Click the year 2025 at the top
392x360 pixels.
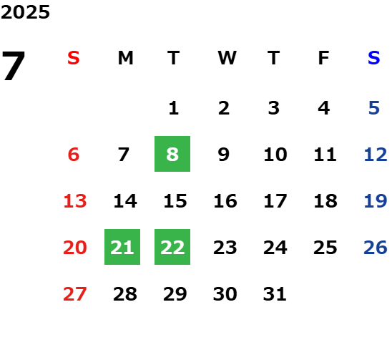25,12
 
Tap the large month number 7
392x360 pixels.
14,66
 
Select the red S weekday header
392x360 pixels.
74,58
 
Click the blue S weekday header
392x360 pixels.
374,58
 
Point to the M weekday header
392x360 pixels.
125,58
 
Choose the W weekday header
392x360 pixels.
227,58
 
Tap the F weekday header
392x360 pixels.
324,58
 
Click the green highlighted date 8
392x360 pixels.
172,154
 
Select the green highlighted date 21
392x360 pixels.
122,247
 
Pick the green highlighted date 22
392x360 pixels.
172,247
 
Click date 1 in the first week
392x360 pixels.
174,108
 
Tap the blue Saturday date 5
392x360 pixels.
374,108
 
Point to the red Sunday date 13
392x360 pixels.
75,201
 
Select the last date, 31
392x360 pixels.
275,293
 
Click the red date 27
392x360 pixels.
75,293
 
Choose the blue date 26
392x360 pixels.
376,248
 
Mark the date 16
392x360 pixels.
225,201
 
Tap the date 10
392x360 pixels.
275,155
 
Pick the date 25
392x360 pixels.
325,248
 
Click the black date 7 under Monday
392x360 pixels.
124,155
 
